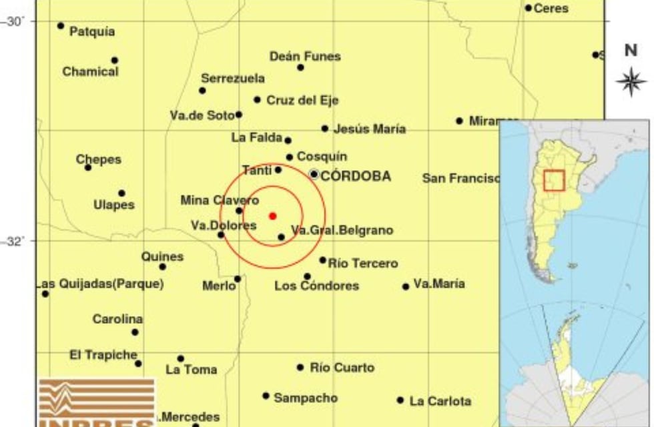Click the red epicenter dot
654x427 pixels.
[272, 216]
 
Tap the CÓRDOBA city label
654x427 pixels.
[356, 177]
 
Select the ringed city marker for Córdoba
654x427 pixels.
[314, 174]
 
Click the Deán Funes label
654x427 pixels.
[305, 57]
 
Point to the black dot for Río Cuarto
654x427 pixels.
[300, 368]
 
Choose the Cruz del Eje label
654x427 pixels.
[302, 101]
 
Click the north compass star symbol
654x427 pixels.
[631, 82]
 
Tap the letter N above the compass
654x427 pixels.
[631, 51]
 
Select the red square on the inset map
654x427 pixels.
[554, 180]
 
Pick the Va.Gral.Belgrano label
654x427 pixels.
[342, 231]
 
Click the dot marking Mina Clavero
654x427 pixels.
[239, 211]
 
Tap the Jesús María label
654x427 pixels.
[369, 129]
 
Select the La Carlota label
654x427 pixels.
[440, 401]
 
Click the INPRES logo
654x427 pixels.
[96, 403]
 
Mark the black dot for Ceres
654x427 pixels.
[528, 8]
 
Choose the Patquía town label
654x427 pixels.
[92, 31]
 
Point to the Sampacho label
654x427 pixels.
[306, 398]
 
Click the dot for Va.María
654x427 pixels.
[406, 287]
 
